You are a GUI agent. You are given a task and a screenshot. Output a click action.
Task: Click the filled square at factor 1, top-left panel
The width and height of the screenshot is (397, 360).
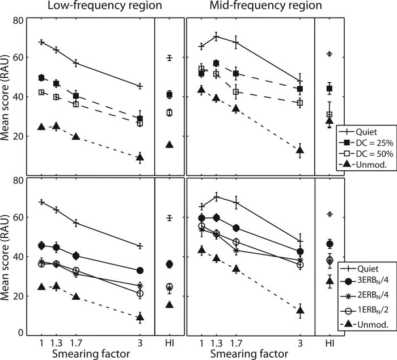click(x=41, y=78)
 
